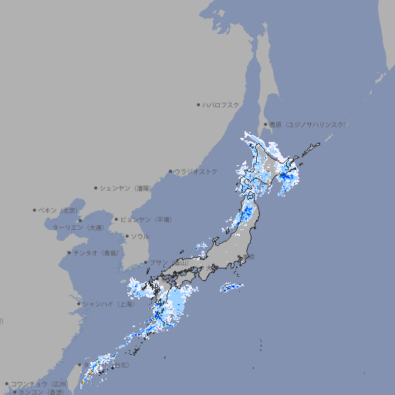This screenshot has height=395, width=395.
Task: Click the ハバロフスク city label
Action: pos(221,104)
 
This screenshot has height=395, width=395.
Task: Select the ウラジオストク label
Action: pos(196,171)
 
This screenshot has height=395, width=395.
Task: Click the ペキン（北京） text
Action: pos(59,210)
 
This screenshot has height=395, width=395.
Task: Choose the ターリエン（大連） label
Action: pos(77,228)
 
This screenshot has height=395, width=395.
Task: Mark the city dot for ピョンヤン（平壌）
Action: pos(116,219)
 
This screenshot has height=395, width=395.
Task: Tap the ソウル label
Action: pos(140,236)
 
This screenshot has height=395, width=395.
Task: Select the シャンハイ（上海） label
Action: pos(109,304)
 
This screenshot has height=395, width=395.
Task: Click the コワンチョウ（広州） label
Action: pos(39,383)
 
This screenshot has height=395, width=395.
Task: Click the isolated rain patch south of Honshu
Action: pos(231,288)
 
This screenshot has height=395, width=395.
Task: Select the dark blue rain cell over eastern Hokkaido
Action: pos(286,177)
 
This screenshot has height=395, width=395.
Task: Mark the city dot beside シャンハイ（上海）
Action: pos(79,304)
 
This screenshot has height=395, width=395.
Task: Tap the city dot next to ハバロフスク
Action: pos(198,104)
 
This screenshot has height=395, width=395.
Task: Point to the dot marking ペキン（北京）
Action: pos(35,210)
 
